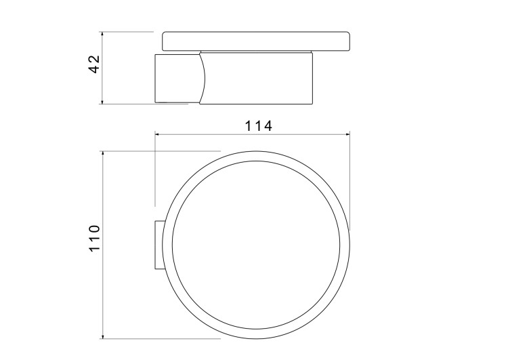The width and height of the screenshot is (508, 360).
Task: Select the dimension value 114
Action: [259, 126]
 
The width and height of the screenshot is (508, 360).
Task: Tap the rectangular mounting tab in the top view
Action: [157, 245]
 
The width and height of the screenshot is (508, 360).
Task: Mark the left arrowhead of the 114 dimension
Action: [158, 135]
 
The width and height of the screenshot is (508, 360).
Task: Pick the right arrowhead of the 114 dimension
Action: [346, 135]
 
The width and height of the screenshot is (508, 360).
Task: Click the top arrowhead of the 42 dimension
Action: [102, 33]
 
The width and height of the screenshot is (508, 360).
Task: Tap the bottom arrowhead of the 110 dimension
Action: [102, 336]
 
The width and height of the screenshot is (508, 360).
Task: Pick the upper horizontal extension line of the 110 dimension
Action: [163, 151]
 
